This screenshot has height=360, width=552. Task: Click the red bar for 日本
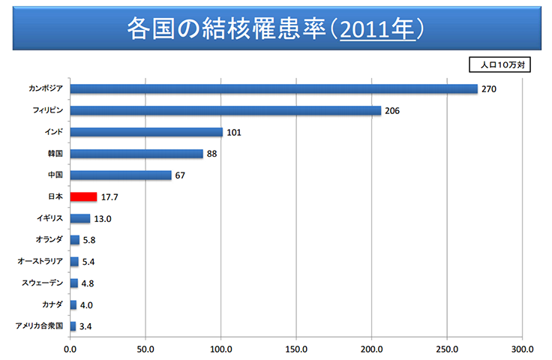click(x=83, y=196)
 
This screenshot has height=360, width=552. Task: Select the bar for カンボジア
click(x=274, y=88)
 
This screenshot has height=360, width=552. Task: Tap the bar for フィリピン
click(x=226, y=110)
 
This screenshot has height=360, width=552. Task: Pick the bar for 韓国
click(x=136, y=154)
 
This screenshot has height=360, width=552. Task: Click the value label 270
click(x=490, y=89)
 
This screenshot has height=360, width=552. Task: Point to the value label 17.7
click(x=111, y=197)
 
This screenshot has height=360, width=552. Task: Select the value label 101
click(x=235, y=133)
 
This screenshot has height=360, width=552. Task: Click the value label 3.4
click(x=85, y=327)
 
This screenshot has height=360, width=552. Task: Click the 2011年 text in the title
click(x=376, y=28)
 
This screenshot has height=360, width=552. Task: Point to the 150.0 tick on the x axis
click(x=297, y=349)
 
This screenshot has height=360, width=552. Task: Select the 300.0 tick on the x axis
click(x=522, y=349)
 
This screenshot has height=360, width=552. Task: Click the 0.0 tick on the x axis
click(x=70, y=349)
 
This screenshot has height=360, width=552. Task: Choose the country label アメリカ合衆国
click(x=39, y=326)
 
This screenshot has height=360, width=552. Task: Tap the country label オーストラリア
click(x=42, y=262)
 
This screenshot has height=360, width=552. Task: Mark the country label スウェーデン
click(x=44, y=283)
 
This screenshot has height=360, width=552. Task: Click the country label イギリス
click(x=49, y=218)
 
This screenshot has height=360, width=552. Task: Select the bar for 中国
click(x=121, y=175)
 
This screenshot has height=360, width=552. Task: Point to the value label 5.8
click(x=89, y=241)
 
